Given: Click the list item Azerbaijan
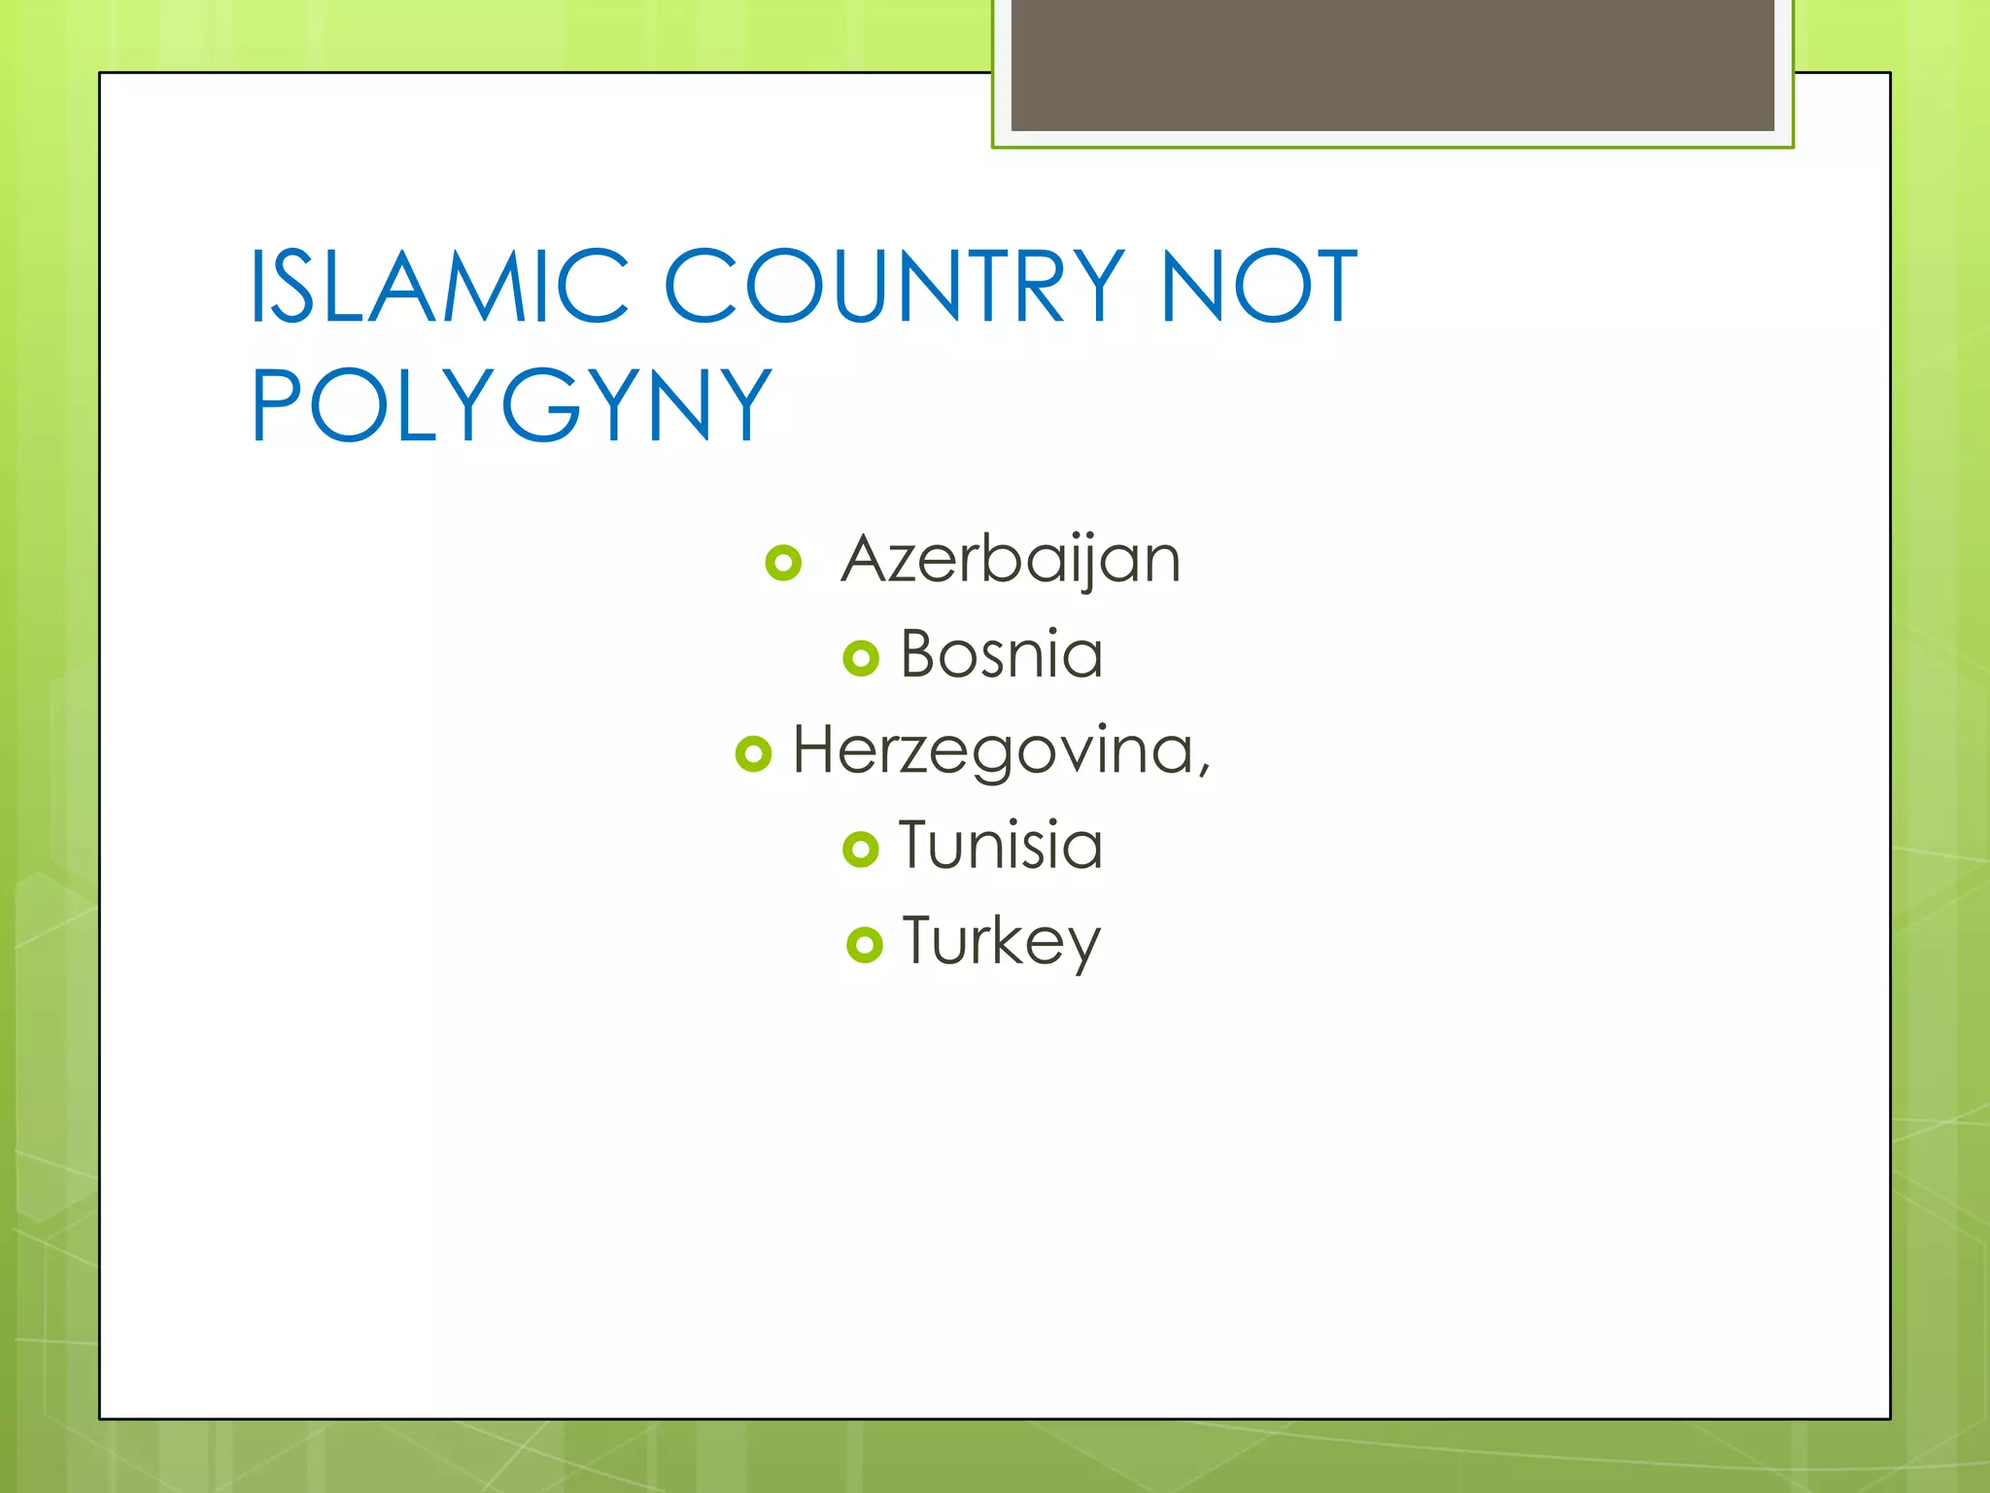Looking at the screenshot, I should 1011,560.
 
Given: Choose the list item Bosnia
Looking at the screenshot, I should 1001,654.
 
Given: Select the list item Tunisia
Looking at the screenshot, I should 1001,845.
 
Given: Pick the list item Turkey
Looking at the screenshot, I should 1001,941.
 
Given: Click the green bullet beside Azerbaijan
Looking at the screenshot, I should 783,563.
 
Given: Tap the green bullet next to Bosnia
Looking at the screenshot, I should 861,658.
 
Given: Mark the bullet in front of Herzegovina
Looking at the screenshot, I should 753,753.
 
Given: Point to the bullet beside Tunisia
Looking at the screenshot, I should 861,849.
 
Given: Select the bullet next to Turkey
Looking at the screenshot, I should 864,944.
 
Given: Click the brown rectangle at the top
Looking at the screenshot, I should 1392,64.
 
